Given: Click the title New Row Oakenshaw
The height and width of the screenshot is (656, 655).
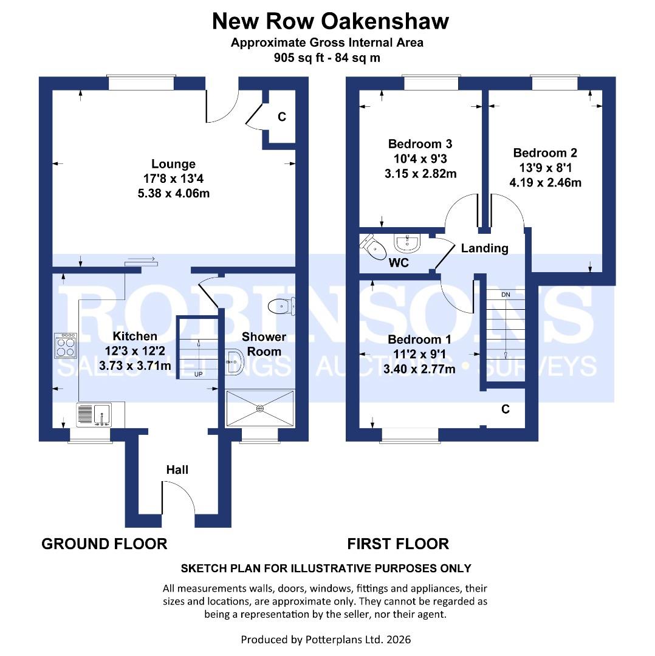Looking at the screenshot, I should click(x=330, y=21).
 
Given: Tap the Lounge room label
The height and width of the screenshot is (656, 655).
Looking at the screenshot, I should click(x=173, y=164).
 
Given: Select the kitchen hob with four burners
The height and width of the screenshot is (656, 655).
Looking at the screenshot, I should click(x=65, y=346).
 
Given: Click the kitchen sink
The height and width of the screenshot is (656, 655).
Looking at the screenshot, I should click(x=92, y=415).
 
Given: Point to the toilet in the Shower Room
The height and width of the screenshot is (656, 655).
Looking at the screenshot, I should click(x=283, y=306).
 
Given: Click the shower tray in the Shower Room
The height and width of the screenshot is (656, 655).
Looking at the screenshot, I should click(x=260, y=408).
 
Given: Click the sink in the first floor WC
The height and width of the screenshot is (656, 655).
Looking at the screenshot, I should click(x=406, y=244).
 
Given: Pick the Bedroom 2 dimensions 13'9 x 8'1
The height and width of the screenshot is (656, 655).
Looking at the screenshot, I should click(x=546, y=168).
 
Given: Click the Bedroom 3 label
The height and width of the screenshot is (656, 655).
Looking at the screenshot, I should click(x=420, y=144).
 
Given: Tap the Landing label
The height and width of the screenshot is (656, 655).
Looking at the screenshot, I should click(x=484, y=248).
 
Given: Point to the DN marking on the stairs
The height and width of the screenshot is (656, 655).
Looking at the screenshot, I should click(x=506, y=295).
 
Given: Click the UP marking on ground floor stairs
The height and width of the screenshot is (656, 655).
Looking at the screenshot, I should click(x=198, y=374).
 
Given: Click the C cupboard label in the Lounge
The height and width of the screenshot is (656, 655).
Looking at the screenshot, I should click(x=281, y=117).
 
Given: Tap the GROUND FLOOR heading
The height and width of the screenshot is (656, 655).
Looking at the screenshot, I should click(x=104, y=544).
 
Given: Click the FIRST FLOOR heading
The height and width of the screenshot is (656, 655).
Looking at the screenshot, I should click(x=398, y=544).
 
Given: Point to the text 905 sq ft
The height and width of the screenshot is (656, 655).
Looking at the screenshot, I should click(x=298, y=58).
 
